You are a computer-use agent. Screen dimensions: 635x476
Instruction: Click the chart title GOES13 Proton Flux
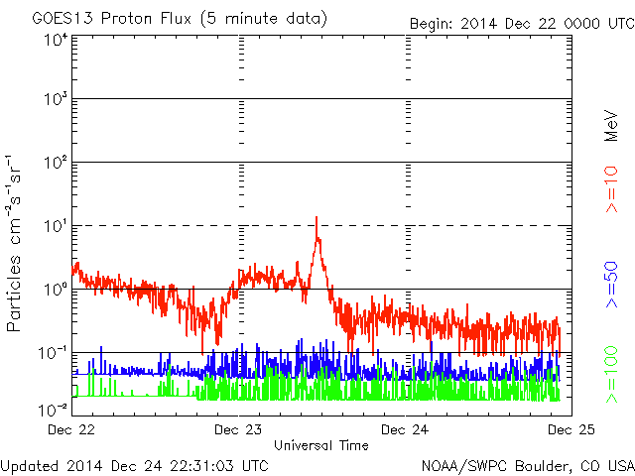111,19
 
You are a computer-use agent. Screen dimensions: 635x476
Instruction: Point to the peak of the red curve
317,217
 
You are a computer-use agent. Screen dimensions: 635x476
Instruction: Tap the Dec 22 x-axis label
71,429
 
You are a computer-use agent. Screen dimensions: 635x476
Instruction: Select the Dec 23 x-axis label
238,429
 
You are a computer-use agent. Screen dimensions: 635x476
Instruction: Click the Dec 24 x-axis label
405,429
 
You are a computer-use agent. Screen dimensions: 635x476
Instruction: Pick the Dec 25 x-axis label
571,429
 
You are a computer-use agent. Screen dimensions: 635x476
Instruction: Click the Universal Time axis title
321,445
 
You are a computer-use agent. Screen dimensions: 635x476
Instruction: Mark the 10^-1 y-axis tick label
53,353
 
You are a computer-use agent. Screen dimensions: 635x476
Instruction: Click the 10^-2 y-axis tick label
53,411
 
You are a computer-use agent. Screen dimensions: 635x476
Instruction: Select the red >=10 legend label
611,189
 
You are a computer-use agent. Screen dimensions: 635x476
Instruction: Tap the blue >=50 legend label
611,285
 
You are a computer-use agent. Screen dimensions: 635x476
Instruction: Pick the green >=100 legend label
611,375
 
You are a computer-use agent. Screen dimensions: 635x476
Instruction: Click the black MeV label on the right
611,126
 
